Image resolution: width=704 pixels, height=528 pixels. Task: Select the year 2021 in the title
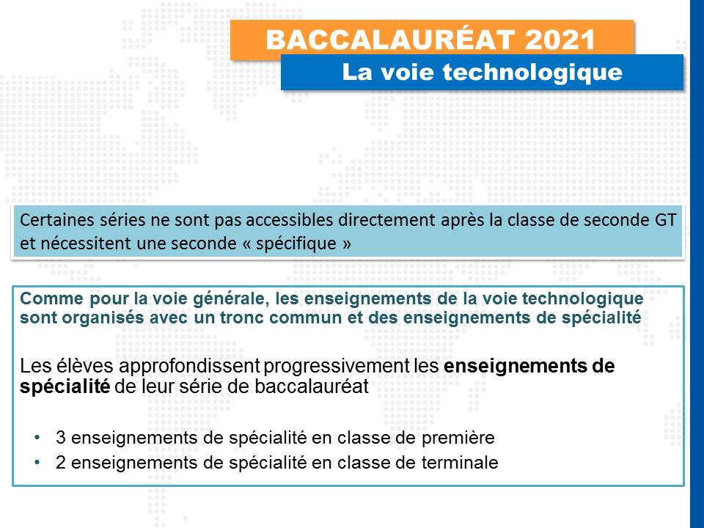click(x=560, y=40)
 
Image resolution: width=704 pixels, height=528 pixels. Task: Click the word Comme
click(x=52, y=298)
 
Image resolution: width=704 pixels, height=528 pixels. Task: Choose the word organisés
click(x=103, y=318)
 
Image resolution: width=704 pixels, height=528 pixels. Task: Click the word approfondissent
click(x=189, y=367)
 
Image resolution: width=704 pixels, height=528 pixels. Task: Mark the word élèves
click(x=85, y=366)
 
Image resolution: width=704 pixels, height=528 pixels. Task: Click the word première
click(x=458, y=438)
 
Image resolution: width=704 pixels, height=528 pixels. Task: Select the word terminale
click(x=460, y=462)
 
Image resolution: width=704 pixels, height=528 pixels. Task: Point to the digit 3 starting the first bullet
click(x=61, y=438)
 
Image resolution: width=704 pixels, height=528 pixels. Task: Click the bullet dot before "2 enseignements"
click(x=37, y=462)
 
